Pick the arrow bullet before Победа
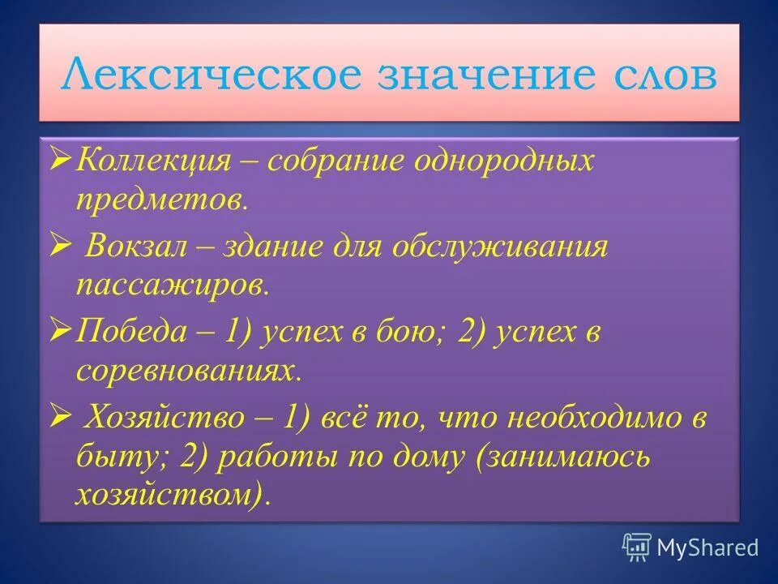[62, 330]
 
